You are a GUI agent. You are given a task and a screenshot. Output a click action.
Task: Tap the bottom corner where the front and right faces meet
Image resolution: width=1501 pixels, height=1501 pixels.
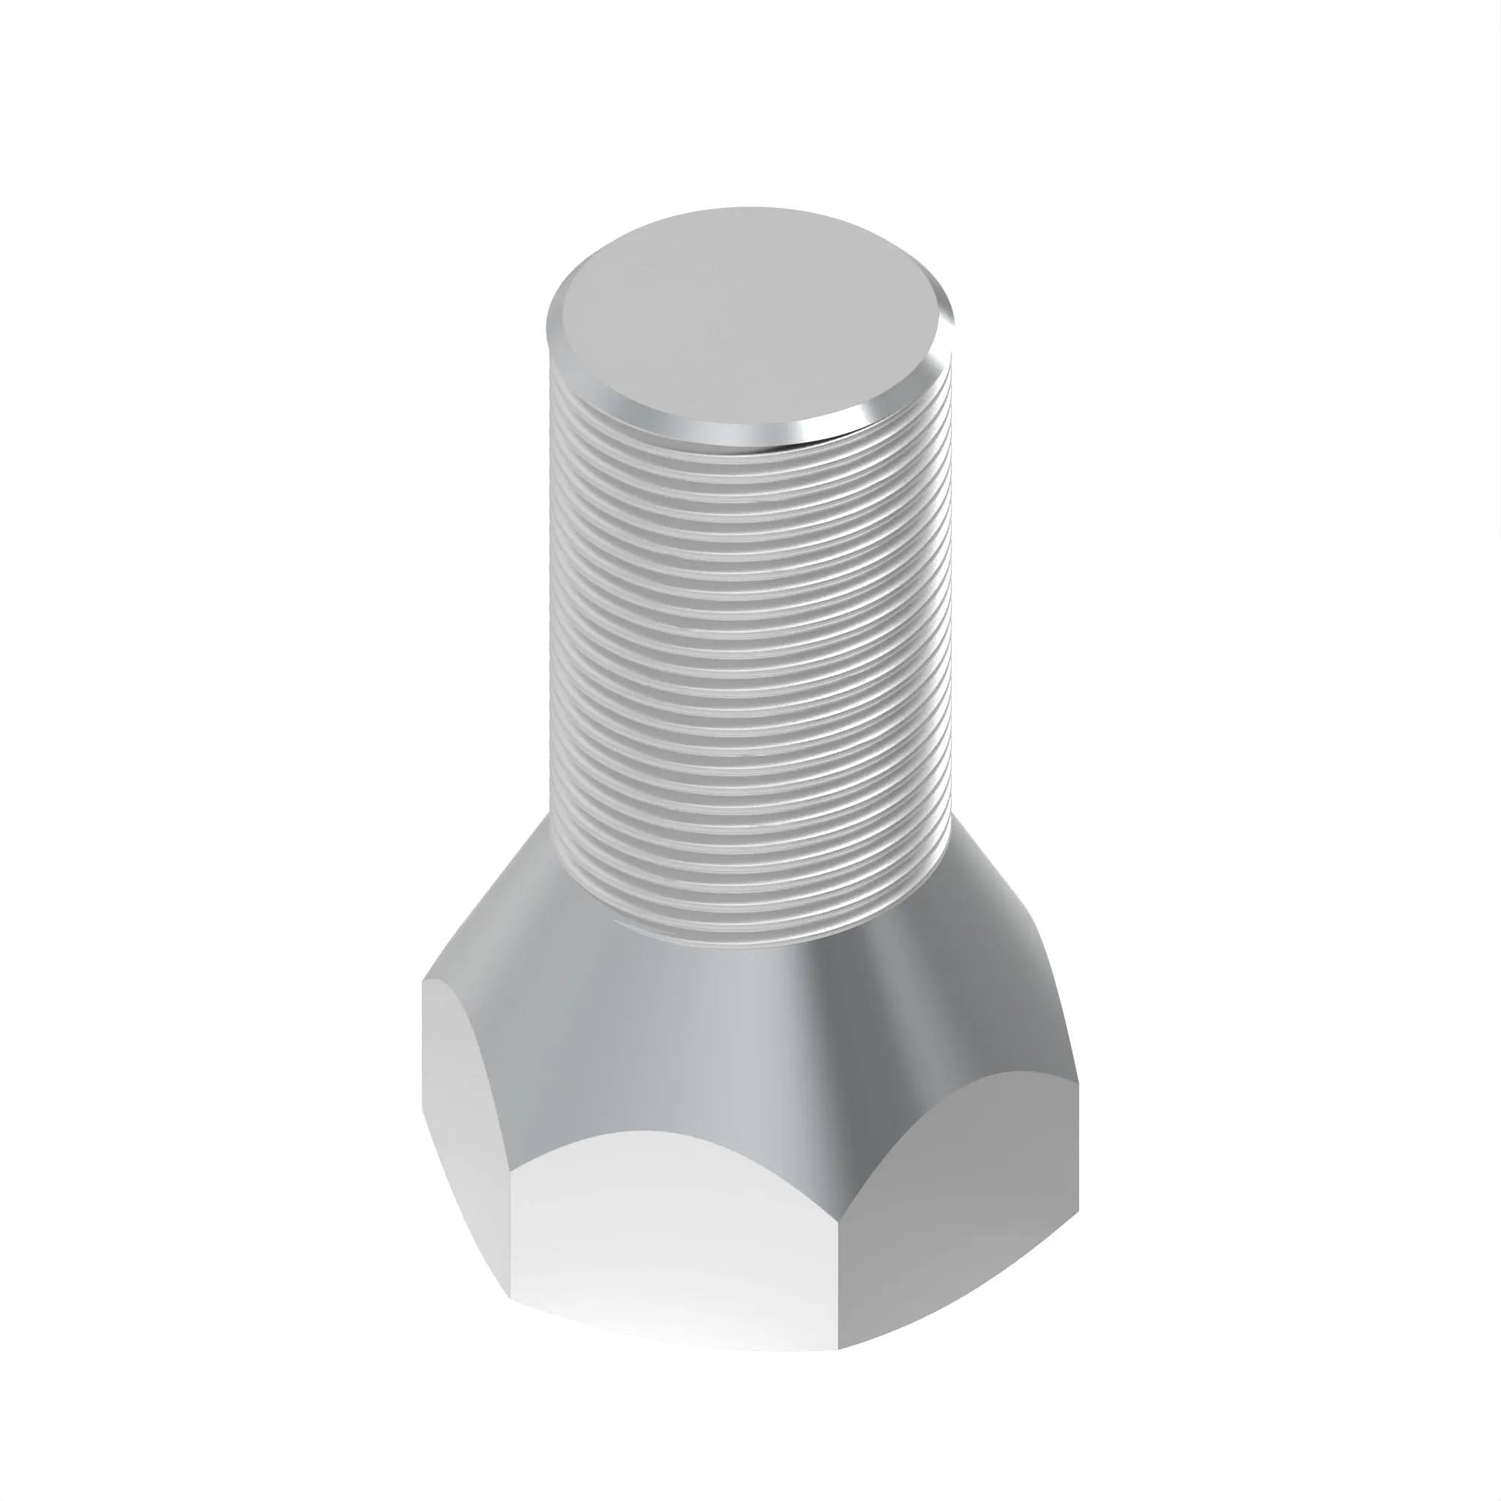[x=840, y=1369]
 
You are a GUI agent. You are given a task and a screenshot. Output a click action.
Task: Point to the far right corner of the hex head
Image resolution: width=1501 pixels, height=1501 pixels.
[x=1078, y=1080]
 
